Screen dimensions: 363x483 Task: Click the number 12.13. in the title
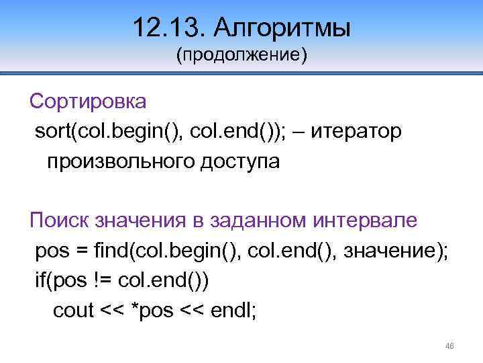coord(168,28)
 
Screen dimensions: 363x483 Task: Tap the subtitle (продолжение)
coord(241,54)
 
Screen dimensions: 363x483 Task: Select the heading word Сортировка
coord(87,102)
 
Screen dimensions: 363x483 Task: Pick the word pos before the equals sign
coord(51,251)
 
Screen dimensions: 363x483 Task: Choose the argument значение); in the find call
coord(392,251)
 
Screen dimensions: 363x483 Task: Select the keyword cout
coord(73,311)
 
